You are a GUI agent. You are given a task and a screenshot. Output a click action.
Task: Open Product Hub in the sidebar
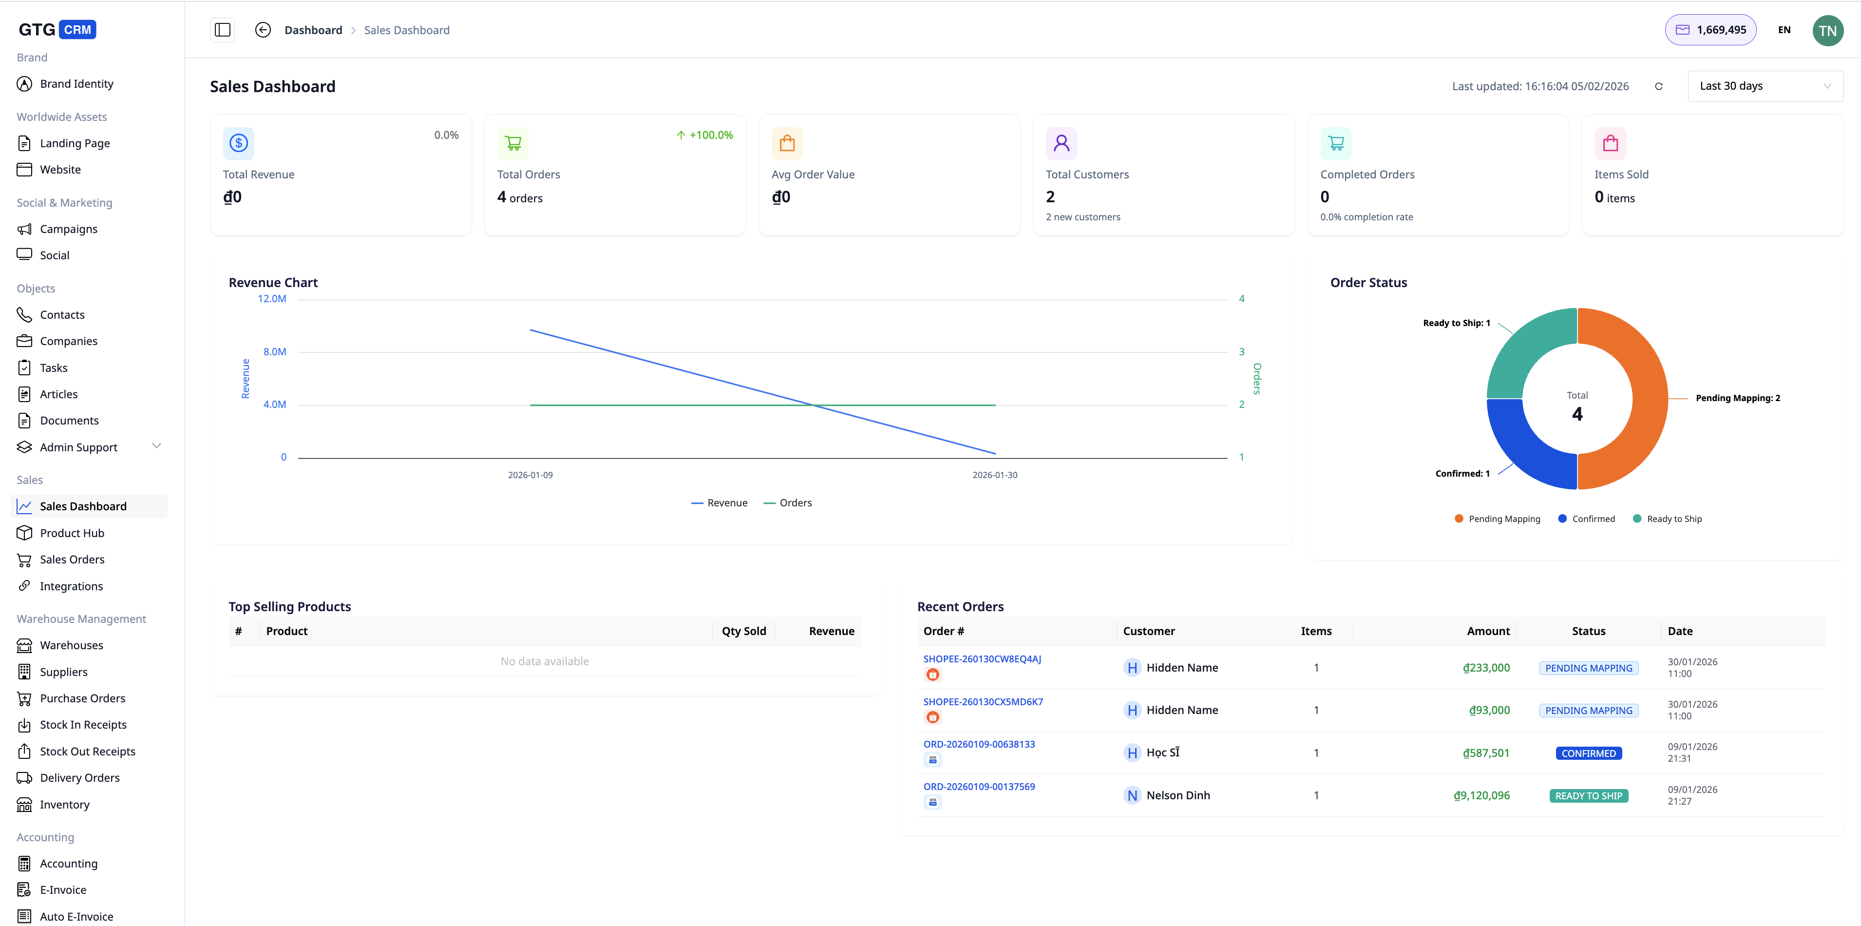(72, 533)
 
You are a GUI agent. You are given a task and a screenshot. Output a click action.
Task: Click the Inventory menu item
(64, 805)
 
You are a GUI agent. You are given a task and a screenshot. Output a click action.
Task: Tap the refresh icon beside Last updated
(1659, 87)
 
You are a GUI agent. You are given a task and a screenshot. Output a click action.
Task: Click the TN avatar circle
(1827, 30)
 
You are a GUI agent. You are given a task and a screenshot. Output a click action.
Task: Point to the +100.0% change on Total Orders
(704, 135)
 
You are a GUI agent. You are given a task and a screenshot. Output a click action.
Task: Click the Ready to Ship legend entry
(1673, 519)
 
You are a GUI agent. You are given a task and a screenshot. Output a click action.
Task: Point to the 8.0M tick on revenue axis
(275, 352)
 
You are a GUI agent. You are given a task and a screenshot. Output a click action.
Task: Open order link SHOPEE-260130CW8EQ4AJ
(982, 659)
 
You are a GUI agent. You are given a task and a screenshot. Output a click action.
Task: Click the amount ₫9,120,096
(1481, 795)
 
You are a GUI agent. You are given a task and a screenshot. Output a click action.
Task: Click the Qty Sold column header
(743, 631)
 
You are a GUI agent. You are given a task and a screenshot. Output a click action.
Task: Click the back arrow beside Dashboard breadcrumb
(263, 30)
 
